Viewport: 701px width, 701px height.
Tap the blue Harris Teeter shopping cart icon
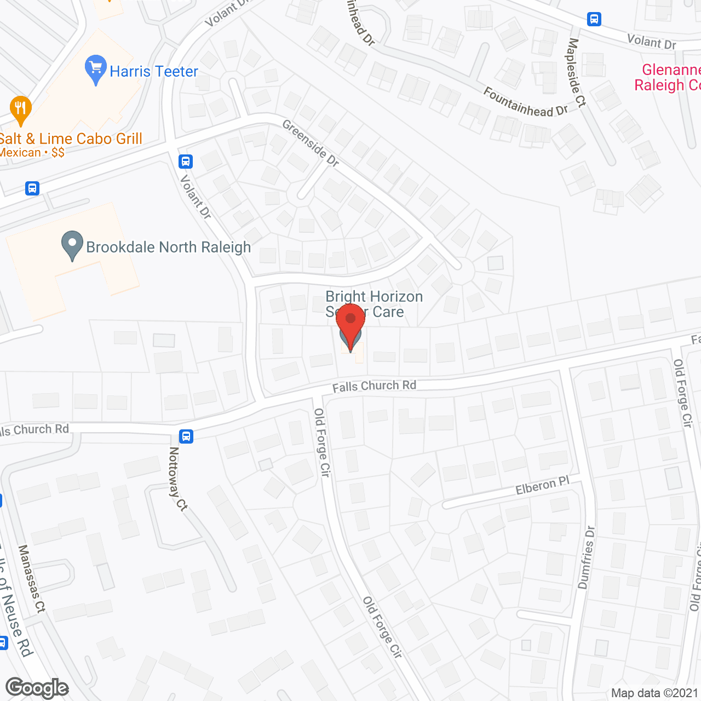tap(96, 69)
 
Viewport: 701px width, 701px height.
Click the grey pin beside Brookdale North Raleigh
tap(72, 245)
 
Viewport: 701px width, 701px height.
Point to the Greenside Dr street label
tap(311, 143)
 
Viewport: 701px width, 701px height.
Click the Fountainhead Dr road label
tap(526, 102)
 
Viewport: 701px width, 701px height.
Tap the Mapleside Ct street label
tap(577, 72)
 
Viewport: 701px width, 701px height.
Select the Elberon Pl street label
tap(542, 486)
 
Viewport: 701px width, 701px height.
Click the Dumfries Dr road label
tap(586, 558)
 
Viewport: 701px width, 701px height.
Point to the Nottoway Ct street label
tap(177, 479)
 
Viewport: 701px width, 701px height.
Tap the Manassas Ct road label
tap(32, 578)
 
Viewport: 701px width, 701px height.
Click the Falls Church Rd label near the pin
tap(374, 386)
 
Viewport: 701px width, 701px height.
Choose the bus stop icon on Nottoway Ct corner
tap(186, 436)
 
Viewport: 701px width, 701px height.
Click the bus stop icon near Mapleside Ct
tap(594, 19)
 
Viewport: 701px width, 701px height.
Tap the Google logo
tap(37, 688)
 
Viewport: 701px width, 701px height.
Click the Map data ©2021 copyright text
tap(654, 693)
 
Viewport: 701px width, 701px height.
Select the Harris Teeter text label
tap(154, 72)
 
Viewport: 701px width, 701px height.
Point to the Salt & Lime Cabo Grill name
tap(71, 139)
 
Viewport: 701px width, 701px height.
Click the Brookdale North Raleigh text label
tap(169, 248)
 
